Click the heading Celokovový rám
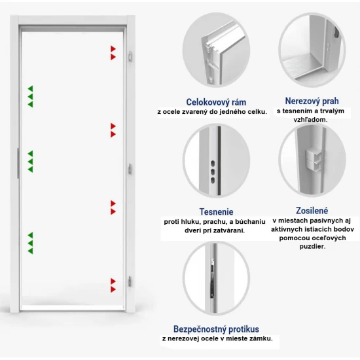point(216,102)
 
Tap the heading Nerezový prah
point(312,101)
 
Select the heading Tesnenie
point(216,211)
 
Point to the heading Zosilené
point(312,211)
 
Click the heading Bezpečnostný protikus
point(216,329)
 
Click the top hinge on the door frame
point(130,56)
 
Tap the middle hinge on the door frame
point(130,170)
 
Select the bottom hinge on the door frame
point(130,281)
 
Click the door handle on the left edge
point(18,163)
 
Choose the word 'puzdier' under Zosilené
point(312,247)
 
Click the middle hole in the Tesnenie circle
point(213,172)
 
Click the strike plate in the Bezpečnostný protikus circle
point(213,278)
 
